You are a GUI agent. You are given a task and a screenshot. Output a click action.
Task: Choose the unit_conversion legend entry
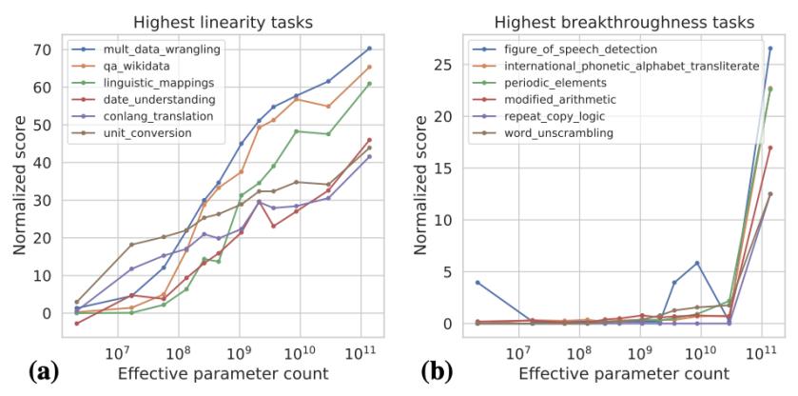pos(133,131)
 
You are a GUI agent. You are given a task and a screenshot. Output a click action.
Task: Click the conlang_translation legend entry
pos(143,115)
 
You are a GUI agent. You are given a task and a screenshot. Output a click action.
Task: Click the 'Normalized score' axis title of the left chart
pos(19,186)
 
